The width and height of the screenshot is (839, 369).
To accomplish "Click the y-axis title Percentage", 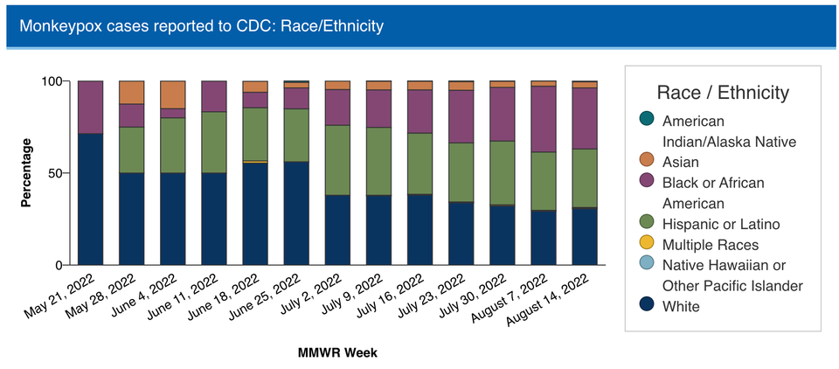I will (x=26, y=172).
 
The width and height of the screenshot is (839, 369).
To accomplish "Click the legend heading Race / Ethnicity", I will (x=722, y=93).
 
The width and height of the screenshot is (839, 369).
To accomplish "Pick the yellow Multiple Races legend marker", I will (x=644, y=245).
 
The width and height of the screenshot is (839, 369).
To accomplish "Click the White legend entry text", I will (x=681, y=307).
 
